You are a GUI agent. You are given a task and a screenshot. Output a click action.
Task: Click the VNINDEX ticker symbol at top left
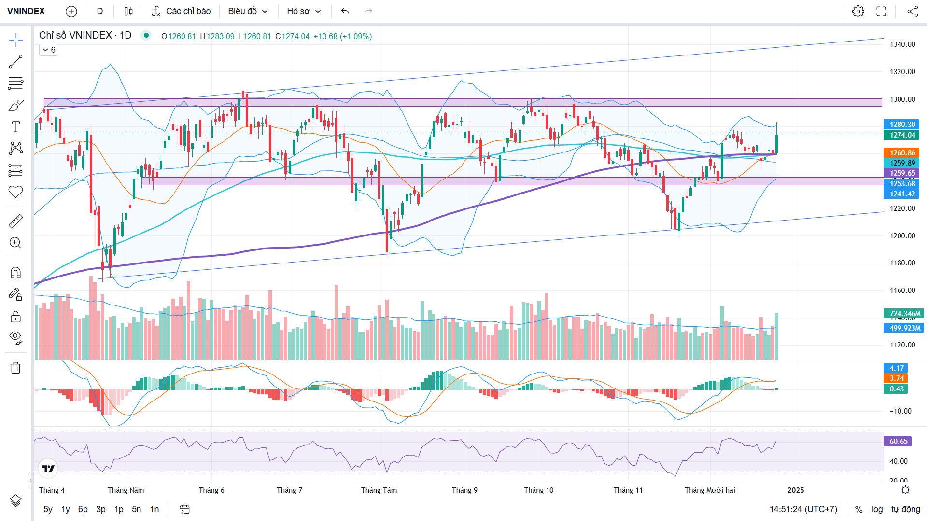tap(26, 11)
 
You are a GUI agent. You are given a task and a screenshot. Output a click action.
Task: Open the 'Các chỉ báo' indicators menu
tap(182, 11)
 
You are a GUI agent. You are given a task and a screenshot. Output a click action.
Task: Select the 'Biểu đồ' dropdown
tap(247, 11)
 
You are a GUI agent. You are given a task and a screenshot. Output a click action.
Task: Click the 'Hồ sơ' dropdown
tap(303, 11)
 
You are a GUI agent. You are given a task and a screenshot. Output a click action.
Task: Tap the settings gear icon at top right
tap(858, 11)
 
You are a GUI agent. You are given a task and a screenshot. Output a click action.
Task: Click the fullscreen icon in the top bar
tap(881, 11)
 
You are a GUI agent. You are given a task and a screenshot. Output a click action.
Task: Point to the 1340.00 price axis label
tap(902, 44)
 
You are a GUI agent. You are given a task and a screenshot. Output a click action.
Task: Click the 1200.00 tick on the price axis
tap(902, 236)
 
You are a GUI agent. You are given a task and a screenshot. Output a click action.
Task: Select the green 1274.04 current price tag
tap(902, 135)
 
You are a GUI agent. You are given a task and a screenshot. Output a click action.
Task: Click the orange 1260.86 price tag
tap(902, 153)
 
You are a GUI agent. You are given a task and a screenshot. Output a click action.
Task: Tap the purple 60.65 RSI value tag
tap(898, 442)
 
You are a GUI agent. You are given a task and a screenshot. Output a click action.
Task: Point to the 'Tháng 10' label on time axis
tap(538, 490)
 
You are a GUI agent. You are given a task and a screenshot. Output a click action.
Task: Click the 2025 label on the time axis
tap(796, 490)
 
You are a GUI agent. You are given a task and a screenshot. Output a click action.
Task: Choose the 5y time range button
tap(48, 509)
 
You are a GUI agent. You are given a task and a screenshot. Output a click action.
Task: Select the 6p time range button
tap(83, 509)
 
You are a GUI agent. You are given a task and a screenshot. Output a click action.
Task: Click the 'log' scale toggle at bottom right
tap(877, 509)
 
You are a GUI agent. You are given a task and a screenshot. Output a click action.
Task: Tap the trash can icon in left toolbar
tap(15, 368)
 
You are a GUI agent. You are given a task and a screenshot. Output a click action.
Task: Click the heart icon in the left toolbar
tap(15, 192)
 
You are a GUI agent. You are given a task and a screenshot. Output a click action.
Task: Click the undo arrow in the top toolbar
tap(345, 11)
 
